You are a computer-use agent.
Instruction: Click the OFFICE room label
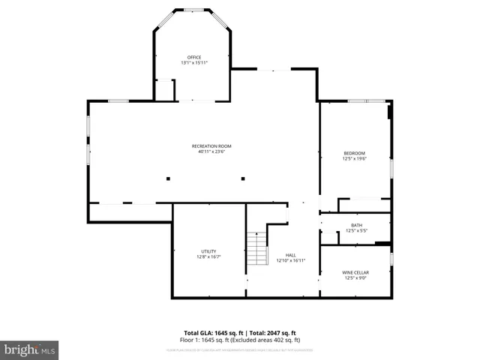pos(193,57)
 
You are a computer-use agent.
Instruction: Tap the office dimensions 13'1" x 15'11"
pos(193,63)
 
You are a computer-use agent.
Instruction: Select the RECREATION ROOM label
pos(211,145)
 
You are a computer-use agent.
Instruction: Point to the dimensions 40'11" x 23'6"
pos(211,151)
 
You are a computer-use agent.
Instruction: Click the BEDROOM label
pos(354,153)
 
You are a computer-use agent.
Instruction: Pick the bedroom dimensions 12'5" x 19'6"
pos(354,159)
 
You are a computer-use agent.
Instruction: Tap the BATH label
pos(356,225)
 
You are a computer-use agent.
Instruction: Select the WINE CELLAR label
pos(356,272)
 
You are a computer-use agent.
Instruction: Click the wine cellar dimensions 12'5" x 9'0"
pos(356,278)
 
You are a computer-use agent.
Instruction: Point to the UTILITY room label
pos(208,250)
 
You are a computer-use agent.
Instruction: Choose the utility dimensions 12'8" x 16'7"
pos(208,256)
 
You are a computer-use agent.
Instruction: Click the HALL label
pos(290,255)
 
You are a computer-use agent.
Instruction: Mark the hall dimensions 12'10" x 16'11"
pos(290,261)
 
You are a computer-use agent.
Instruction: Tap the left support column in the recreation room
pos(168,178)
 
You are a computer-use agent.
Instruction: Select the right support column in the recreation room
pos(242,178)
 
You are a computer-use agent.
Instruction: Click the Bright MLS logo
pos(30,349)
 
